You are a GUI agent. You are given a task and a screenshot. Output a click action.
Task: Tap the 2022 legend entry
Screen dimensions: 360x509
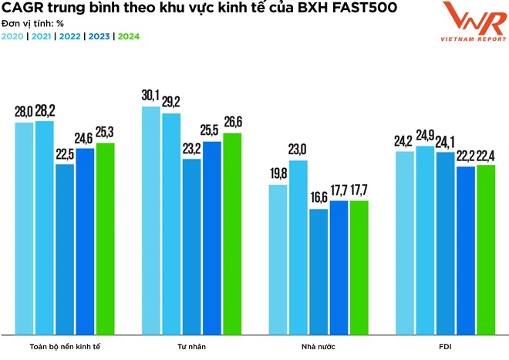(x=70, y=36)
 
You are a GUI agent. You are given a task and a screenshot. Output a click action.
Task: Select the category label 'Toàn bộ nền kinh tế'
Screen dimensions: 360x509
(x=64, y=347)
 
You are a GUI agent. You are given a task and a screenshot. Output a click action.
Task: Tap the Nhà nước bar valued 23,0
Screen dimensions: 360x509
(x=298, y=247)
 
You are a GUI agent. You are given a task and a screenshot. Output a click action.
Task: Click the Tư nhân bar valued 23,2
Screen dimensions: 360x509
(x=191, y=247)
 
